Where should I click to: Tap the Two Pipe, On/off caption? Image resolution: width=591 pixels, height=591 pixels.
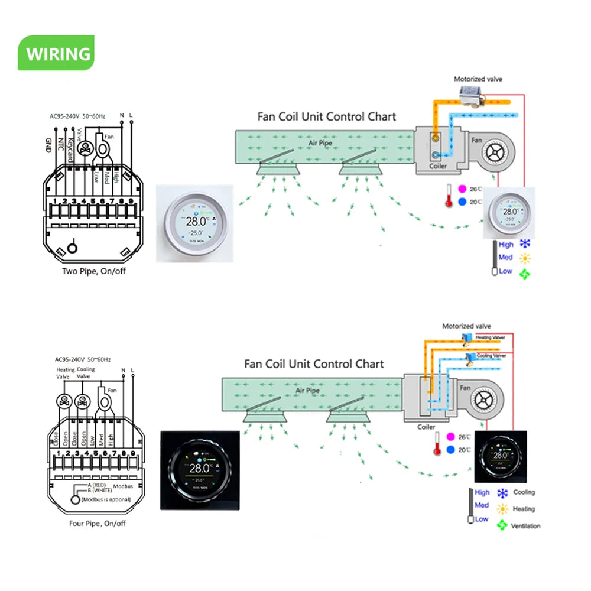tap(94, 271)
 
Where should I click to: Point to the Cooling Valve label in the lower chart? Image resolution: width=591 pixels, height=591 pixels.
tap(492, 356)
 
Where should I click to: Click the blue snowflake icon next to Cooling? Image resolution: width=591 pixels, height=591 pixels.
tap(503, 493)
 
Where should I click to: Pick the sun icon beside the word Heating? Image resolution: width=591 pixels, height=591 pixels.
tap(503, 509)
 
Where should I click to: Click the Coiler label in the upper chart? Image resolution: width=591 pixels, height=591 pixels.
tap(438, 166)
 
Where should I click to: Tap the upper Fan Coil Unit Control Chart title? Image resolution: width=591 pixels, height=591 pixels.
tap(326, 116)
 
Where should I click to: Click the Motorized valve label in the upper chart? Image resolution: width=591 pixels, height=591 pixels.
tap(478, 79)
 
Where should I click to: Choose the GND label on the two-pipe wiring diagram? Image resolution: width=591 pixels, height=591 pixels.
tap(48, 144)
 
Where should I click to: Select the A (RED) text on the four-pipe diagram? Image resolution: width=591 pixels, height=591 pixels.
tap(98, 485)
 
